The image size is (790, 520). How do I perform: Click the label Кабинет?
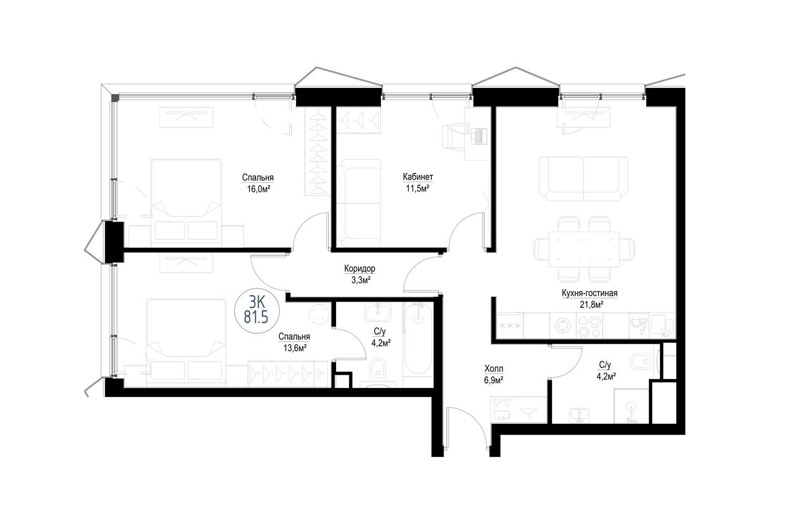pyautogui.click(x=418, y=176)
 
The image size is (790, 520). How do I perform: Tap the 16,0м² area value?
pyautogui.click(x=259, y=189)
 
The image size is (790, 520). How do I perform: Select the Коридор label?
pyautogui.click(x=360, y=268)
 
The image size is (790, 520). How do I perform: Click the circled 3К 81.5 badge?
pyautogui.click(x=257, y=310)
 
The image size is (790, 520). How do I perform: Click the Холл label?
pyautogui.click(x=494, y=369)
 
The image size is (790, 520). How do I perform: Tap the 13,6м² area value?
pyautogui.click(x=294, y=348)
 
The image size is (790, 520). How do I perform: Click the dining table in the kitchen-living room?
pyautogui.click(x=585, y=249)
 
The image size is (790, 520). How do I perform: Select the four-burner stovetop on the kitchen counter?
pyautogui.click(x=589, y=326)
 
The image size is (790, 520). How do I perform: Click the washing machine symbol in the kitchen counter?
pyautogui.click(x=563, y=326)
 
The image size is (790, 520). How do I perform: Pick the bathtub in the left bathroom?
pyautogui.click(x=418, y=339)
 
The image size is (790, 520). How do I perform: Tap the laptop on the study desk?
pyautogui.click(x=479, y=136)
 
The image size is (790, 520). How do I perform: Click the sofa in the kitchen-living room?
pyautogui.click(x=584, y=179)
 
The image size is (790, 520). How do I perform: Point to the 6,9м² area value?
pyautogui.click(x=494, y=380)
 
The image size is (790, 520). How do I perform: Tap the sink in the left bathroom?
pyautogui.click(x=378, y=312)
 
